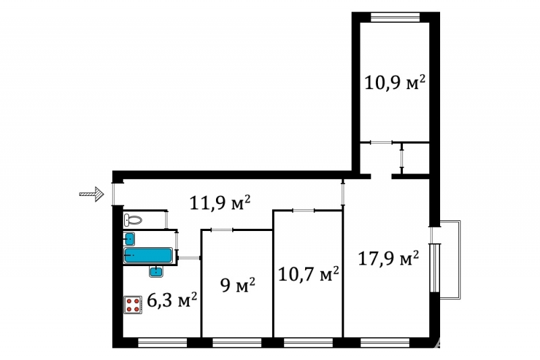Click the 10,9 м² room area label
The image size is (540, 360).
coord(395,83)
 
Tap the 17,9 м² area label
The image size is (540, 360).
coord(389,258)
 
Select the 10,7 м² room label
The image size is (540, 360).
coord(308,274)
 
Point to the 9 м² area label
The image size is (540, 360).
coord(238,285)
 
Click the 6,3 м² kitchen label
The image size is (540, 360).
coord(172,300)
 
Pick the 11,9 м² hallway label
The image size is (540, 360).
coord(220,203)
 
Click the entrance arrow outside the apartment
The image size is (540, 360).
coord(92,194)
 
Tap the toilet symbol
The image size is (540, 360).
coord(133,220)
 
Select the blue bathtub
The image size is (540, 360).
coord(148,255)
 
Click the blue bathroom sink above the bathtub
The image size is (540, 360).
coord(129,238)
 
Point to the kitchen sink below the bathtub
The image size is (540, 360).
coord(156,272)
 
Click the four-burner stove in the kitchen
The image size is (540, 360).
coord(133,305)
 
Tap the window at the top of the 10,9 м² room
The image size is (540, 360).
coord(396,18)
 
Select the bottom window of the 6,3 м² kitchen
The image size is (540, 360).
coord(163,342)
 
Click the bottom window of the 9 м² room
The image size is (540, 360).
coord(237,342)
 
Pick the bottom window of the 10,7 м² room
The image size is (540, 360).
coord(308,342)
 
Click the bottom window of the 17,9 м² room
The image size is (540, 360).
coord(385,342)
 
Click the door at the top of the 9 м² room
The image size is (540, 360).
coord(222,230)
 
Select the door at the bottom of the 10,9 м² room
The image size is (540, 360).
coord(381,143)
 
